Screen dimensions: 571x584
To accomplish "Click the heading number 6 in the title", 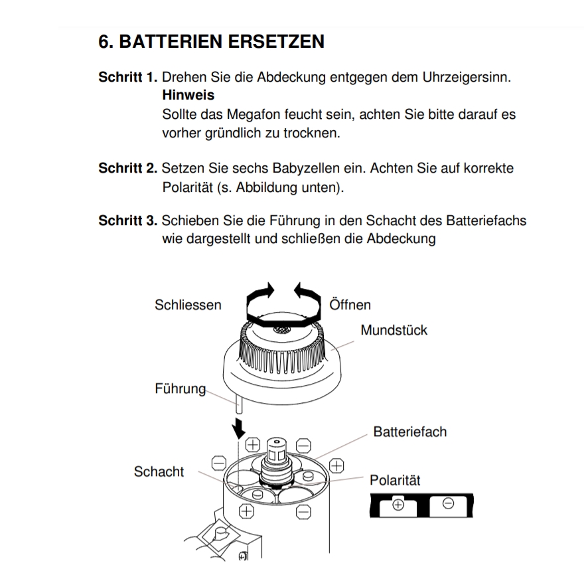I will pos(105,42).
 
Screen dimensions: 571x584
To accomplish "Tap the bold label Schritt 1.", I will pos(127,77).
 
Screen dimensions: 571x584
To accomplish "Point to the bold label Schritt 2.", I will pos(127,169).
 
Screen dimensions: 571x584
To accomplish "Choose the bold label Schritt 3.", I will pos(127,220).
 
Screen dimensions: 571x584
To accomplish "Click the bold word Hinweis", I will pos(188,96).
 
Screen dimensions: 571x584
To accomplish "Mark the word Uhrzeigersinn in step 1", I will pos(466,77).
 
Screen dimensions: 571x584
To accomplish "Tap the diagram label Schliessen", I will pos(188,305).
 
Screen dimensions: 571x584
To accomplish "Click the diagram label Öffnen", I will pos(350,305).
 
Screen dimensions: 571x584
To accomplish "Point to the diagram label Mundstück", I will pos(394,330).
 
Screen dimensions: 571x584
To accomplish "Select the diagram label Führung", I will pos(181,389).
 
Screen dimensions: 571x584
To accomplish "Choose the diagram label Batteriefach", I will pos(409,432).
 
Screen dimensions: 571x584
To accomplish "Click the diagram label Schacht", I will pos(159,472).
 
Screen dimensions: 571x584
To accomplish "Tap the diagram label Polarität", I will pos(395,480).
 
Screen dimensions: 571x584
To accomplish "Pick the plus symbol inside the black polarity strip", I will pos(398,505).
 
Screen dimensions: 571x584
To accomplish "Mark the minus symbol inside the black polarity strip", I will pos(448,504).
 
